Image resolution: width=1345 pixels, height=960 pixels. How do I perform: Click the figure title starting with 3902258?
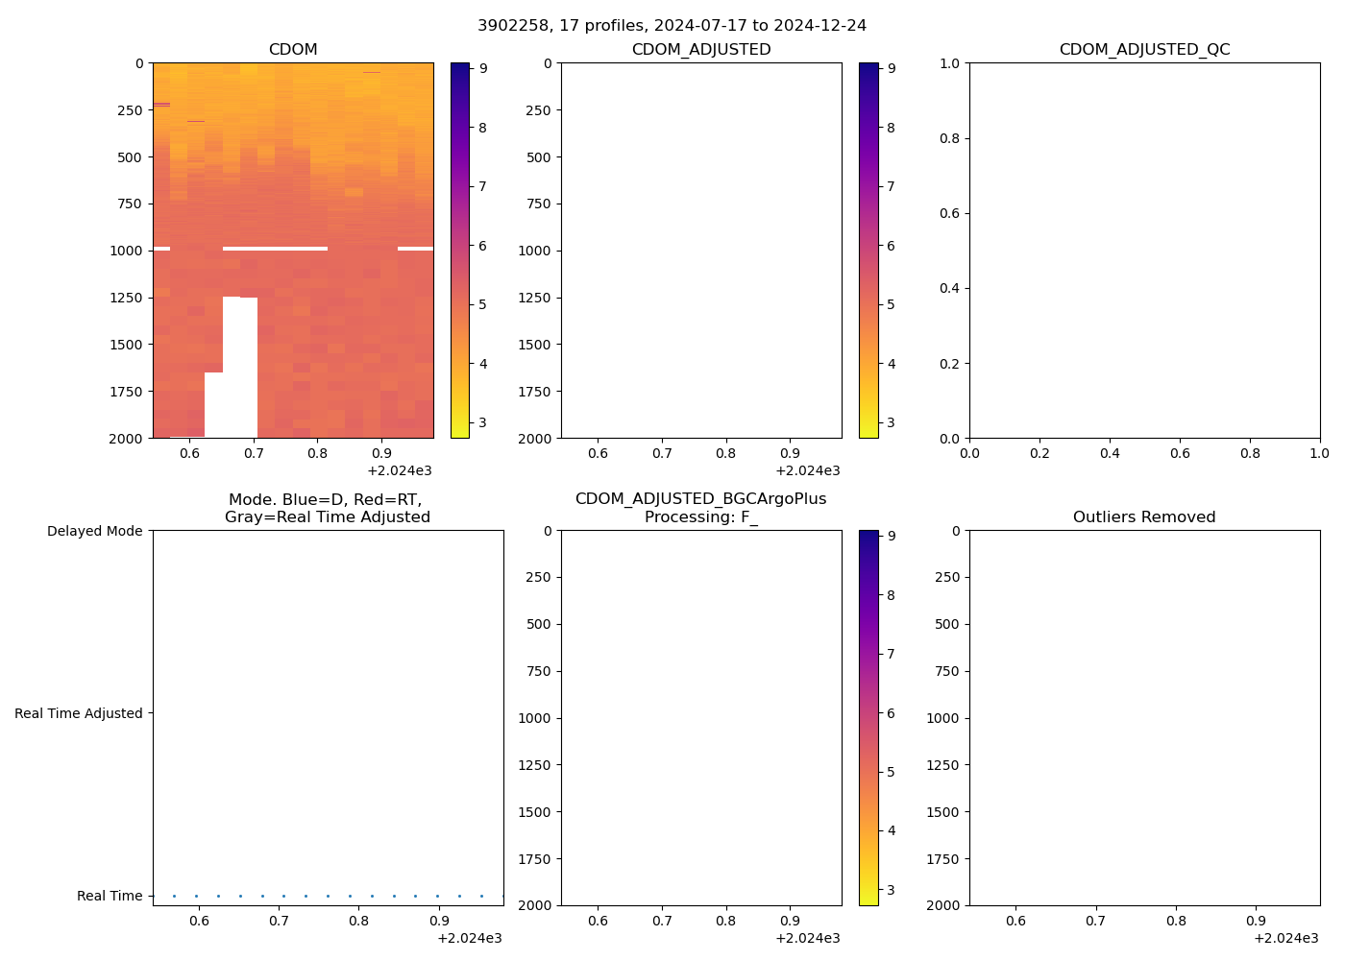coord(672,25)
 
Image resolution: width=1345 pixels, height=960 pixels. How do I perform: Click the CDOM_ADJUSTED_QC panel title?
coord(1144,50)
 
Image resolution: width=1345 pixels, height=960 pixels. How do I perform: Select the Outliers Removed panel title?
coord(1144,517)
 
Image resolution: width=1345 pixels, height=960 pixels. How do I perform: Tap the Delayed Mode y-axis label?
coord(94,531)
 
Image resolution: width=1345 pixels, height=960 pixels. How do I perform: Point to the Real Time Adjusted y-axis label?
coord(79,713)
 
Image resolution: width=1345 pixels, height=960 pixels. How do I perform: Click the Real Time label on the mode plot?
coord(110,896)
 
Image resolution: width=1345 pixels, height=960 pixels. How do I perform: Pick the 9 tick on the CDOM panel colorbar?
coord(483,68)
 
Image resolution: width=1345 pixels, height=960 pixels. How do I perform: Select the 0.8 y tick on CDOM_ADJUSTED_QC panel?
coord(949,138)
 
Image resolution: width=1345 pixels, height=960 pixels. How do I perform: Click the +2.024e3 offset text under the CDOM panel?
coord(399,470)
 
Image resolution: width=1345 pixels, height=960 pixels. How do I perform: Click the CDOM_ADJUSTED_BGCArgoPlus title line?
coord(700,499)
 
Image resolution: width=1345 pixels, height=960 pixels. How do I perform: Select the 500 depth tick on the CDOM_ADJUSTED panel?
coord(538,157)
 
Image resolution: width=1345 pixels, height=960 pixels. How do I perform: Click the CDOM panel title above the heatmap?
coord(293,50)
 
